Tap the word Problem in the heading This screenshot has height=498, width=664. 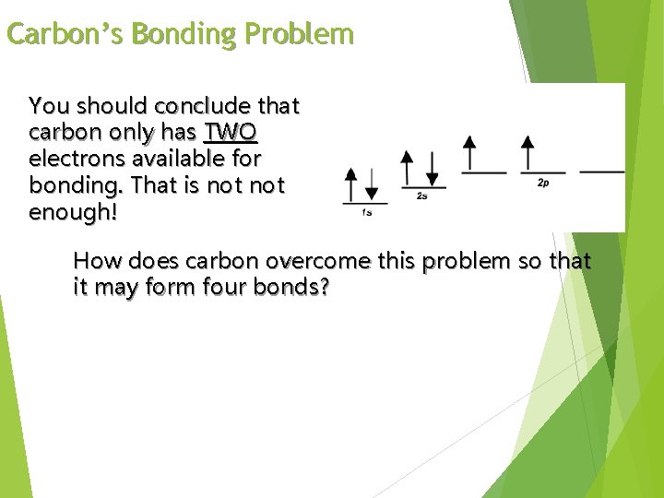301,34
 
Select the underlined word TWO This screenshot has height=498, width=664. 231,132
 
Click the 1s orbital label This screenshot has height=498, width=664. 366,213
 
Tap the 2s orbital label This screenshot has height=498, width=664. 421,196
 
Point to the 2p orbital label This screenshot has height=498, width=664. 543,184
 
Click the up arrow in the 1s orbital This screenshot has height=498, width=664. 350,184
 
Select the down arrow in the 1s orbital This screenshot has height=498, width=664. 371,184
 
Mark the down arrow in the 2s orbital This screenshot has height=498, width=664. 430,167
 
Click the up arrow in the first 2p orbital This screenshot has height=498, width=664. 469,153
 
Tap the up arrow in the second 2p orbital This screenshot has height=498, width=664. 528,153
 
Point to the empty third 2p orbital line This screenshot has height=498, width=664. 602,172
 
